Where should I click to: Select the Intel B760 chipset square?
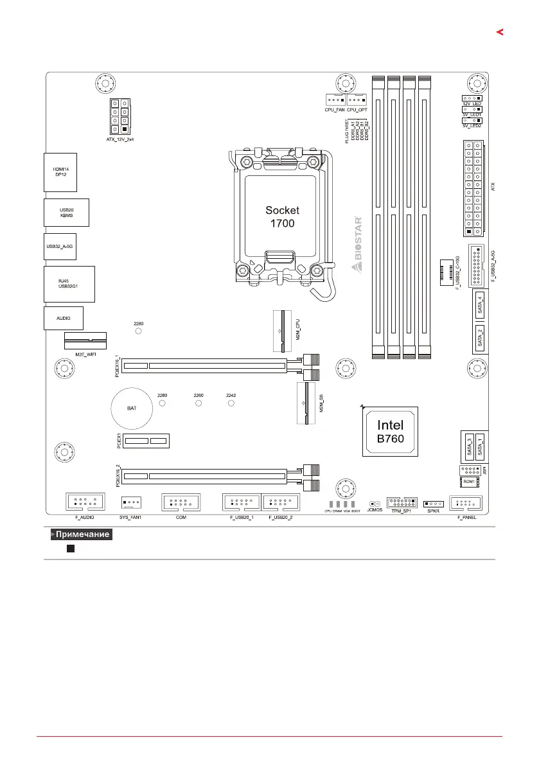point(389,432)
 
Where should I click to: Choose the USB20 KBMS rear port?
point(66,213)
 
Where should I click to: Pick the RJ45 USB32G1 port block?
point(69,283)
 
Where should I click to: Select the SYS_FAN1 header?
point(130,503)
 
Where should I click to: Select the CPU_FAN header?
point(334,100)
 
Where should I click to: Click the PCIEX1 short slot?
point(146,441)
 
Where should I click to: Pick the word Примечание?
point(82,534)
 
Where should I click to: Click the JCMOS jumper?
point(375,505)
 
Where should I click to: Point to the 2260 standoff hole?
point(199,404)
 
